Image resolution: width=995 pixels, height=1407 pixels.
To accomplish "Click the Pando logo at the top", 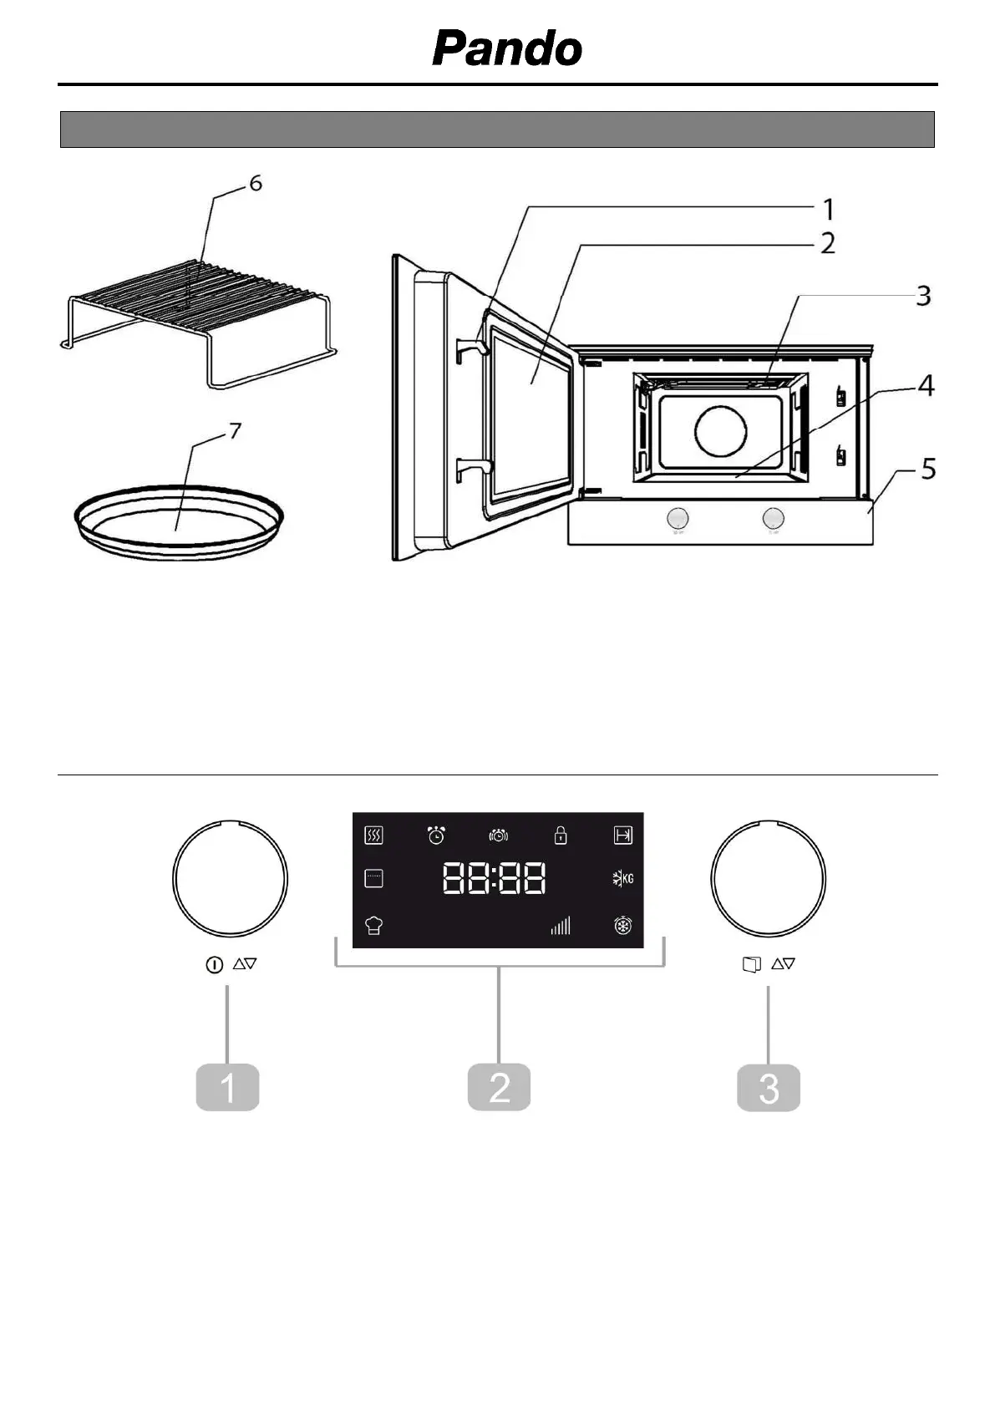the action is coord(507,48).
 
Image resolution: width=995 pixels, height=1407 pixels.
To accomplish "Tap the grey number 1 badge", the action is coord(227,1087).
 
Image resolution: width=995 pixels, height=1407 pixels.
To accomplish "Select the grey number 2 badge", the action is coord(499,1087).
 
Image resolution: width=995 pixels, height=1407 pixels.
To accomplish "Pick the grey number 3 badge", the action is coord(769,1087).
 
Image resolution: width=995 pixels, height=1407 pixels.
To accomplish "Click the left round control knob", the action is coord(230,878).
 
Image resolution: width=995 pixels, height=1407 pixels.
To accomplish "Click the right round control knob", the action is coord(769,878).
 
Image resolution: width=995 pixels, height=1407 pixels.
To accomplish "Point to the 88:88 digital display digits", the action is coord(495,879).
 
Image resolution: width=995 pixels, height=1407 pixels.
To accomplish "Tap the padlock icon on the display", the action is coord(561,835).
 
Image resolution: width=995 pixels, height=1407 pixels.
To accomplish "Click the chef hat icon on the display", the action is coord(373,925).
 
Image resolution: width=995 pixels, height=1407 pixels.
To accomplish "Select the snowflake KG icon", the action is coord(622,878).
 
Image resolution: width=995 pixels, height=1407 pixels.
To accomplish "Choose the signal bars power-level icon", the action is coord(560,925).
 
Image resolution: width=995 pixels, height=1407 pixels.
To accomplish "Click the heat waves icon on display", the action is coord(373,835).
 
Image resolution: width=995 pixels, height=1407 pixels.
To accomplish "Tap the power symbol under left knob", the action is coord(214,965).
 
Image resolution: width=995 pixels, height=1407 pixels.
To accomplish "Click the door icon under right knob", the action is coord(752,965).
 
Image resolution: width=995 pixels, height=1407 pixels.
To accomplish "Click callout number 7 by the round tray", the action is coord(236,431).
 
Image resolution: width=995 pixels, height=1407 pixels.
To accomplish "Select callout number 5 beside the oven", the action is coord(927,470).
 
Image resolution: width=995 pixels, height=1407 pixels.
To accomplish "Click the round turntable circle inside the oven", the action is coord(721,431).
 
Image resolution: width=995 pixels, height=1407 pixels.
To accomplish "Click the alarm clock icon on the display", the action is coord(436,835).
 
